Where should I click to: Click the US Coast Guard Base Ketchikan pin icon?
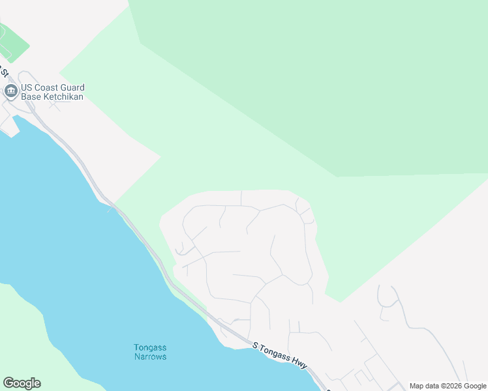10,91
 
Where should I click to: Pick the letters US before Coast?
27,87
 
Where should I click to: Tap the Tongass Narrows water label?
150,352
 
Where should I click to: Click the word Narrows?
150,356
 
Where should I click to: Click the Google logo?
22,383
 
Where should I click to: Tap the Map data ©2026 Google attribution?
448,386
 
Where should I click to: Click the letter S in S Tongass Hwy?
256,344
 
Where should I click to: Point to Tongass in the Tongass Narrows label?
150,347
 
